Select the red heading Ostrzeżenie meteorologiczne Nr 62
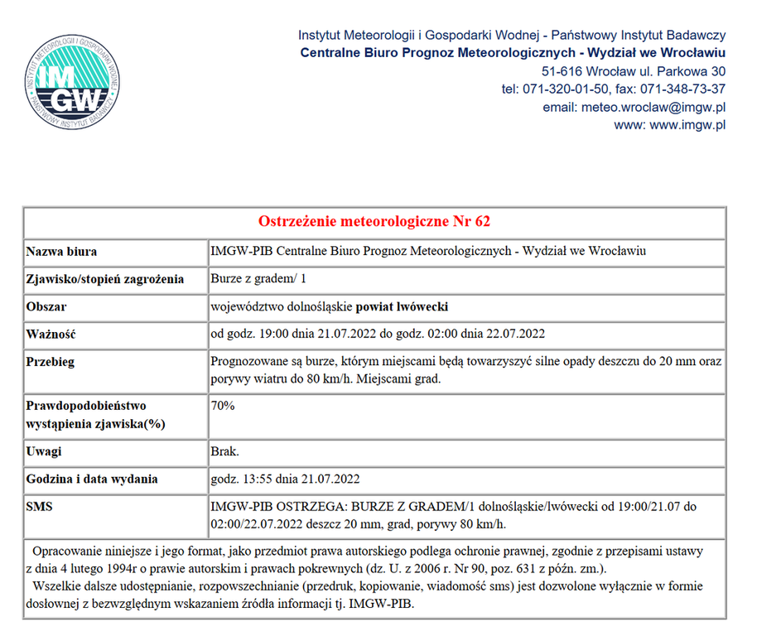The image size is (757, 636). pos(374,222)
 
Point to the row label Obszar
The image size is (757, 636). pos(46,306)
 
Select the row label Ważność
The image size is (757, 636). pos(51,335)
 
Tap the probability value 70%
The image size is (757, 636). pos(224,406)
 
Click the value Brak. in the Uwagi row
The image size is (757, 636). pos(224,451)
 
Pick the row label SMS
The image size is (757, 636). pos(40,507)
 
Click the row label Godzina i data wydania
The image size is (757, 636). pos(92,479)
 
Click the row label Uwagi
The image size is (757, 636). pos(45,451)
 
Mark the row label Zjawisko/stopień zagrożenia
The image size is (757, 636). pos(105,278)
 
